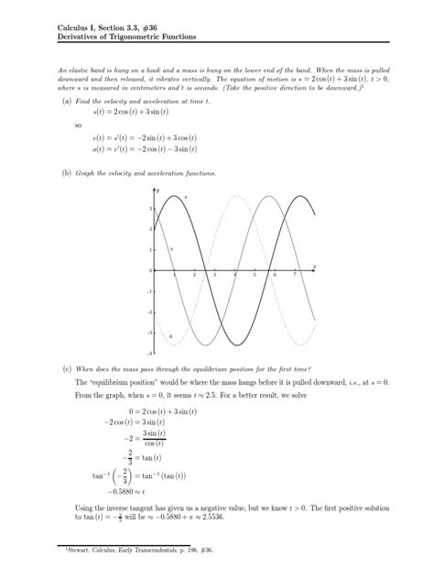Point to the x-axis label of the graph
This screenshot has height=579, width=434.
point(314,266)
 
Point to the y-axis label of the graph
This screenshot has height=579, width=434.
point(169,190)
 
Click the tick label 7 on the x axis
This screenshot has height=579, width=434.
point(295,276)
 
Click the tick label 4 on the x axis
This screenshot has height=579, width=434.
point(234,276)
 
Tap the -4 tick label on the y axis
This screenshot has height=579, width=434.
point(150,353)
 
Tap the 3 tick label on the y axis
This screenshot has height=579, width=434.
point(151,210)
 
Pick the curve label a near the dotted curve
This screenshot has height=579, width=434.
point(170,336)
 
